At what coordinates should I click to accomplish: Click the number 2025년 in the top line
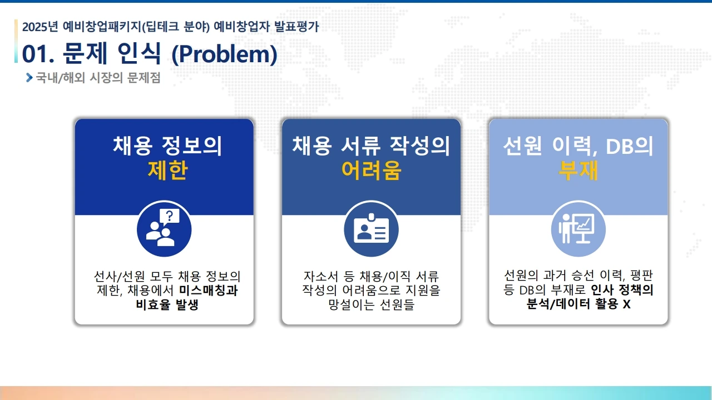pos(40,27)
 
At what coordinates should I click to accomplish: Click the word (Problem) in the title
pos(224,54)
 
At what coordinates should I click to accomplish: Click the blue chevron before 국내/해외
pos(29,77)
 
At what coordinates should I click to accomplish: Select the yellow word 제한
pos(168,170)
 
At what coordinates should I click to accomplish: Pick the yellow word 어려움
pos(371,170)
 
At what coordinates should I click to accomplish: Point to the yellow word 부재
pos(578,170)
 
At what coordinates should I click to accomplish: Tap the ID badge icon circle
pos(371,228)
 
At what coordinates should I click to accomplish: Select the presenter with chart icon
pos(578,228)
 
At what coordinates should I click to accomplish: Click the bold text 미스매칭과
pos(208,290)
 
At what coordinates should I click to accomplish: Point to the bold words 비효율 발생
pos(167,304)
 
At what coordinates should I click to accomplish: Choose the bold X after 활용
pos(626,304)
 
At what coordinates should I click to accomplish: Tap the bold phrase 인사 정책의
pos(622,289)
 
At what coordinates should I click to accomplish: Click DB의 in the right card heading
pos(629,146)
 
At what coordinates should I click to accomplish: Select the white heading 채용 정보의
pos(167,146)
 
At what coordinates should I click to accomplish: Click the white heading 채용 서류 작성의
pos(371,146)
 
